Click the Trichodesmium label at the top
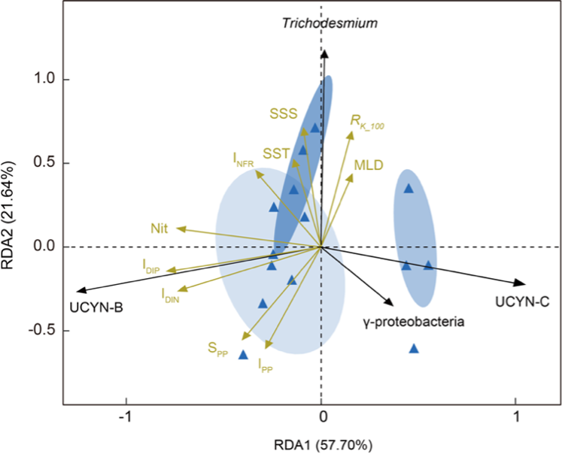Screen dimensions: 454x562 click(330, 23)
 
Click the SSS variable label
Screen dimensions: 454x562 click(284, 113)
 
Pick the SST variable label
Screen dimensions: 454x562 click(276, 153)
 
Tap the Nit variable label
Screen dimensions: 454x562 click(159, 226)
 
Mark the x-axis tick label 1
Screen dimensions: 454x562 click(516, 416)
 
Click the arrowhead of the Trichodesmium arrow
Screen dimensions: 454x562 click(324, 52)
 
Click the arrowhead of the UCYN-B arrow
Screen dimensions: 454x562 click(79, 292)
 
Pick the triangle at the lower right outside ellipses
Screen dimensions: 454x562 click(414, 348)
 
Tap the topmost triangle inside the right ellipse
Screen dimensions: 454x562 click(409, 188)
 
